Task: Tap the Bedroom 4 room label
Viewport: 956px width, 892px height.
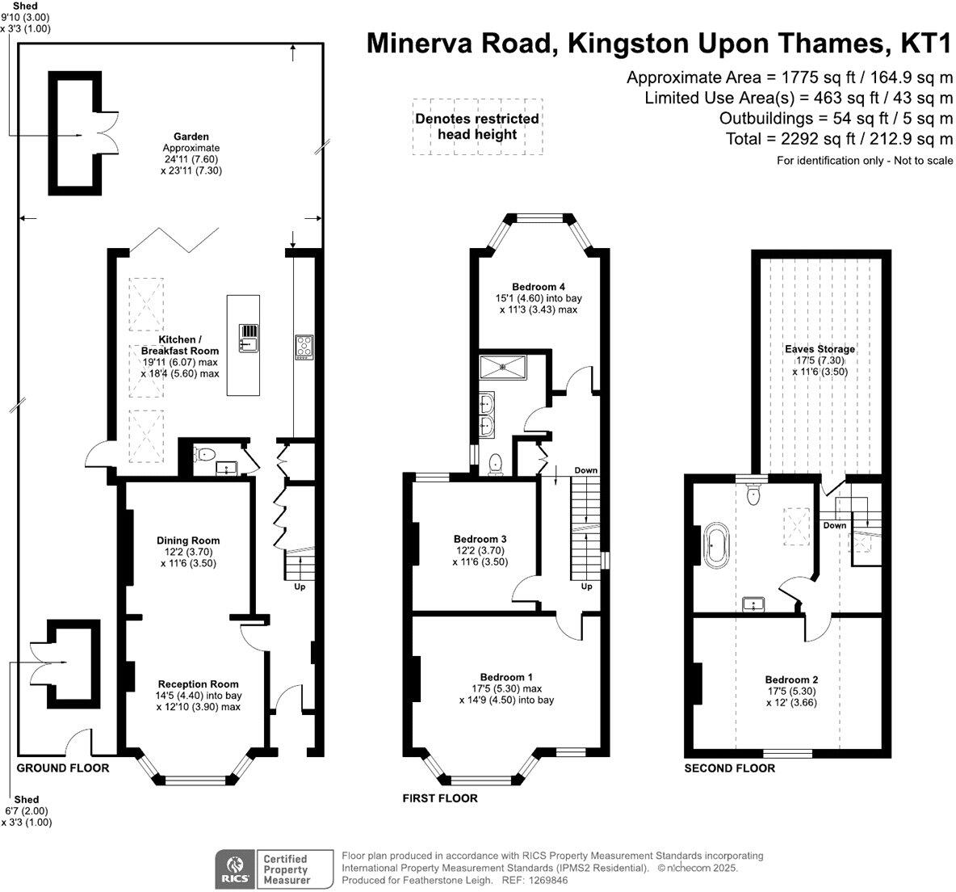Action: point(538,287)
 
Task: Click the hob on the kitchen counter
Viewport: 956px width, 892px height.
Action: point(304,347)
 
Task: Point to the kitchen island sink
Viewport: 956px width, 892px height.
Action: point(248,339)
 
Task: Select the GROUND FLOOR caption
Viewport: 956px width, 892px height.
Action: point(63,768)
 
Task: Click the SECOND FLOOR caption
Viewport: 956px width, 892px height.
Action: point(729,768)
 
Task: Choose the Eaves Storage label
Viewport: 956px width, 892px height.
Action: point(820,349)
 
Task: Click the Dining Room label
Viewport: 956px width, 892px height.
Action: point(188,541)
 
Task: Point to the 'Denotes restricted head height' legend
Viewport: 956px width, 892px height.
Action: point(477,127)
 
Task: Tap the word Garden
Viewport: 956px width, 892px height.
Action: point(191,137)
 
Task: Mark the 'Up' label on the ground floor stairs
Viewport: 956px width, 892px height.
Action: point(300,587)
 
